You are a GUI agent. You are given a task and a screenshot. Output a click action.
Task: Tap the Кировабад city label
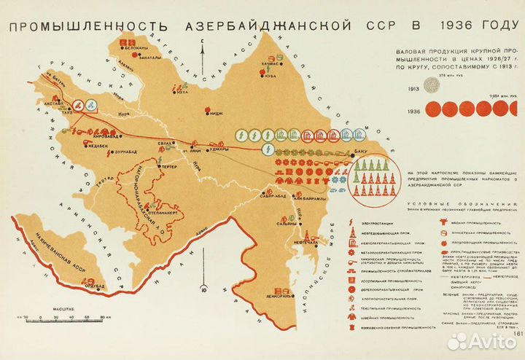point(103,136)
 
